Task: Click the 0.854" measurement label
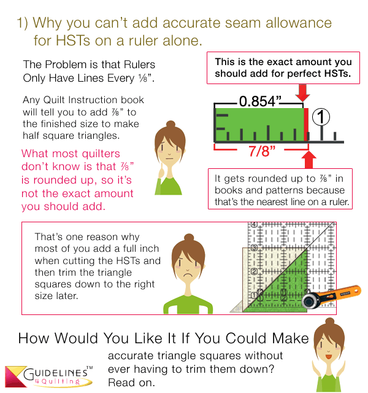(260, 101)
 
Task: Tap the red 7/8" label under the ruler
(262, 151)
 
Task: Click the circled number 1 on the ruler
(321, 117)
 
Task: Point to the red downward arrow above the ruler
(302, 93)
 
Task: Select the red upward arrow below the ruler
(309, 160)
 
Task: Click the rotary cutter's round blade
(310, 301)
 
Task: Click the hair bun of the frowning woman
(189, 238)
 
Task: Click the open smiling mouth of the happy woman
(329, 356)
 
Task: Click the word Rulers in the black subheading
(139, 64)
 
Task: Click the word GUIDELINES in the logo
(56, 374)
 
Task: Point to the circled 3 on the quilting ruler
(254, 248)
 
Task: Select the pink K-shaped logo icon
(16, 376)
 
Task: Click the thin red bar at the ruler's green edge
(306, 125)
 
